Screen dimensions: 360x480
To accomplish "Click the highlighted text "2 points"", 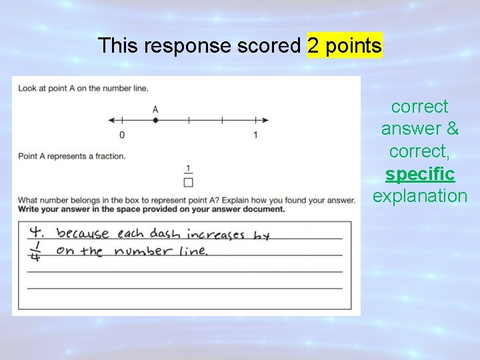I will [x=345, y=46].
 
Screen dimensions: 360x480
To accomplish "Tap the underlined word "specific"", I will [x=420, y=175].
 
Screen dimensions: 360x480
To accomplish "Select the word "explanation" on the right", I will [x=420, y=196].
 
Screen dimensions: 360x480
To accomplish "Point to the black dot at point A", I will [x=155, y=121].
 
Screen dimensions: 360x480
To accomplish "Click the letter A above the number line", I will [x=155, y=109].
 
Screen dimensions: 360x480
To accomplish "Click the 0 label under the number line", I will [x=122, y=135].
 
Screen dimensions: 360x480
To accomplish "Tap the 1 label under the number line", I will [x=255, y=135].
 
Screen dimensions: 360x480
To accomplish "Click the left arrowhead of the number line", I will [x=111, y=121].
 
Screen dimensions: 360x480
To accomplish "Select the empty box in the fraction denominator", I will [x=189, y=181].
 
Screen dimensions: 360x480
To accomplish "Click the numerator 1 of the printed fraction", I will [x=189, y=168].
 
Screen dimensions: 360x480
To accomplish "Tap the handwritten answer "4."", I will [x=37, y=233].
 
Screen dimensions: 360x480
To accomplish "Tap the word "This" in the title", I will [x=118, y=46].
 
